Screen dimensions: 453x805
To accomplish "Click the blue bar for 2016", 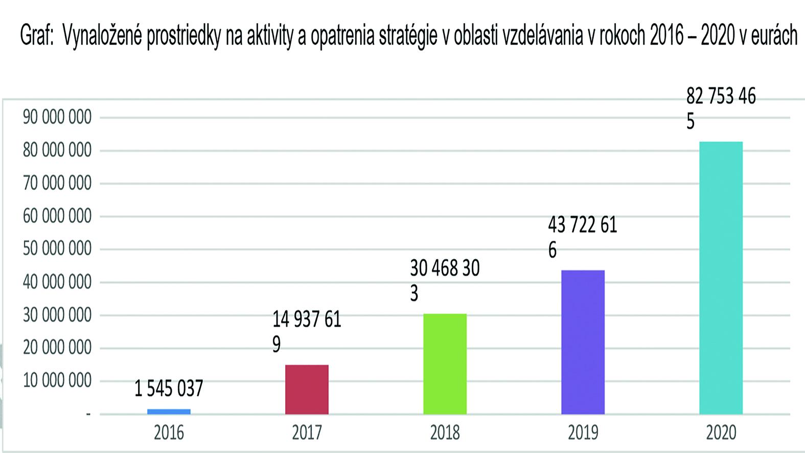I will point(169,412).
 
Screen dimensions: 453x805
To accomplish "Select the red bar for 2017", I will point(307,390).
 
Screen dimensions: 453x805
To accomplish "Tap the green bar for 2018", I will point(445,364).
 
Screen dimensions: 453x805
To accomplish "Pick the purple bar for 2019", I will point(583,342).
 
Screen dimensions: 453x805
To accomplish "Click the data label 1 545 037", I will point(169,389).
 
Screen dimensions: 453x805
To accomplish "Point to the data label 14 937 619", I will point(306,331).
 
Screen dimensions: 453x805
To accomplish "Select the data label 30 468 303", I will point(445,280).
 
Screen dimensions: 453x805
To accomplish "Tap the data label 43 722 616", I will point(582,237).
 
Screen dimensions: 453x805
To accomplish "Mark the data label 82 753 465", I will point(721,108).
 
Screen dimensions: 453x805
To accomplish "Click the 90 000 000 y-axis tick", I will point(57,118).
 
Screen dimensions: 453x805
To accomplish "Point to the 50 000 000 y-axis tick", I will point(57,249).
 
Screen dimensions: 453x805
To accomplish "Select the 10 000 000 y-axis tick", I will point(57,381).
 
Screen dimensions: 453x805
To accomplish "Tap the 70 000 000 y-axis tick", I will point(57,183).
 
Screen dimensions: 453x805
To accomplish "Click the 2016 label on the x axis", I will point(169,433).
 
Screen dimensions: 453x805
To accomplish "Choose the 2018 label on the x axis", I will point(445,433).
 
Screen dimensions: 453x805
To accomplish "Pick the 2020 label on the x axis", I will point(721,433).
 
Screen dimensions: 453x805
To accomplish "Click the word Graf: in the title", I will point(37,36).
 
